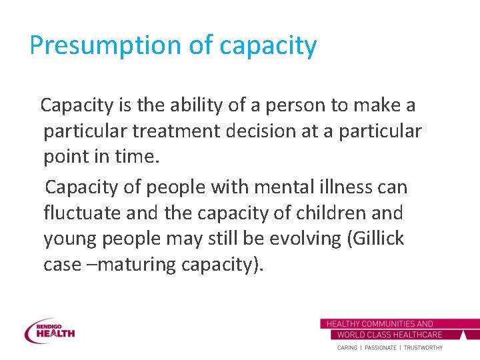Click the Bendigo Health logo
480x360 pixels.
tap(49, 330)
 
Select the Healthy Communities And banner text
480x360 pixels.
tap(380, 324)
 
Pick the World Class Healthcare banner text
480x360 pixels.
tap(390, 335)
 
